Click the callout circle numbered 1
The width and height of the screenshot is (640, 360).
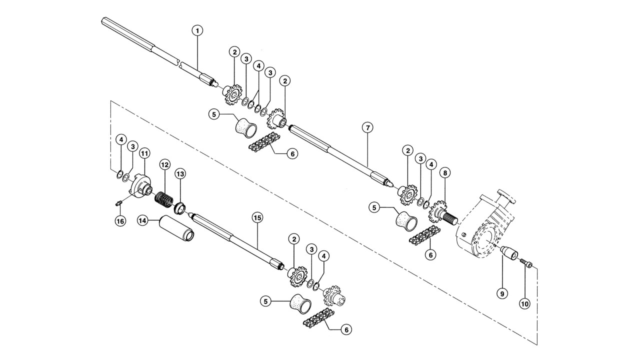(x=197, y=30)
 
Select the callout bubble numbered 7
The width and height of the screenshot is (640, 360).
(x=367, y=127)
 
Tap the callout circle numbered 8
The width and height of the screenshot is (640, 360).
(x=445, y=173)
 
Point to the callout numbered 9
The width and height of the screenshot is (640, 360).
(x=502, y=293)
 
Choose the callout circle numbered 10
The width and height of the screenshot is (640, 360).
(x=525, y=304)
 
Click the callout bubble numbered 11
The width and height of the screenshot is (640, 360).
(x=144, y=153)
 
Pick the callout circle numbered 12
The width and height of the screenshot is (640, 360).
(x=165, y=164)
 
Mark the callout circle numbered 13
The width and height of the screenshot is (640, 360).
(x=180, y=173)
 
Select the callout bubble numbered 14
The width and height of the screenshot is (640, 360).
(x=142, y=220)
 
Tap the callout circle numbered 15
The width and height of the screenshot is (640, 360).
(x=257, y=218)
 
